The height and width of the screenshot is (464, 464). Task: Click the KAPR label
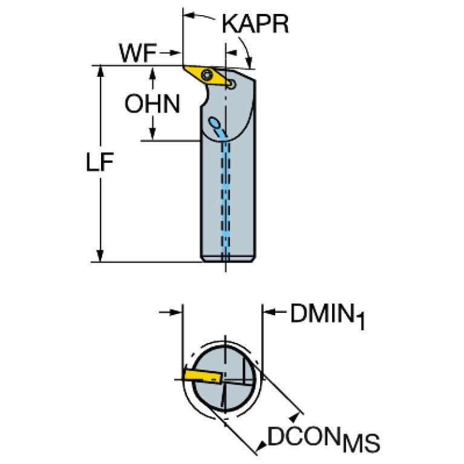click(255, 24)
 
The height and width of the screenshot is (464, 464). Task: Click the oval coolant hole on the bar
click(214, 123)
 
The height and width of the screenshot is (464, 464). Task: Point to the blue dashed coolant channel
click(226, 194)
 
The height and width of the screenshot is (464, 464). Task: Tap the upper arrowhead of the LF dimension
click(101, 71)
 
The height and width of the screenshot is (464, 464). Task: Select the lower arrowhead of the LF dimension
click(101, 257)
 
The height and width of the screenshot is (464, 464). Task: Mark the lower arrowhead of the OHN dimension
click(153, 135)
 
